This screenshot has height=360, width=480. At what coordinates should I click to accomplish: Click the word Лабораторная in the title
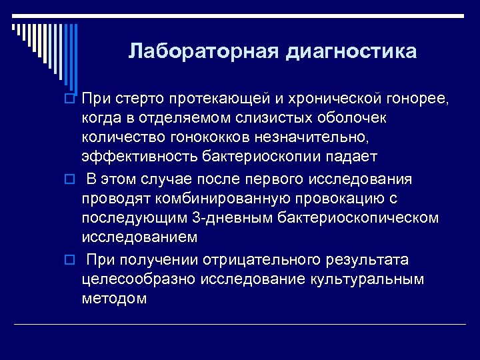point(203,51)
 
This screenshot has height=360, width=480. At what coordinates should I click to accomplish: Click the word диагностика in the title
point(351,51)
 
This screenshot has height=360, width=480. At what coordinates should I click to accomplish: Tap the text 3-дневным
point(219,218)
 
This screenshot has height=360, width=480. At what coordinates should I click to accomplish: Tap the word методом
point(114,298)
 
